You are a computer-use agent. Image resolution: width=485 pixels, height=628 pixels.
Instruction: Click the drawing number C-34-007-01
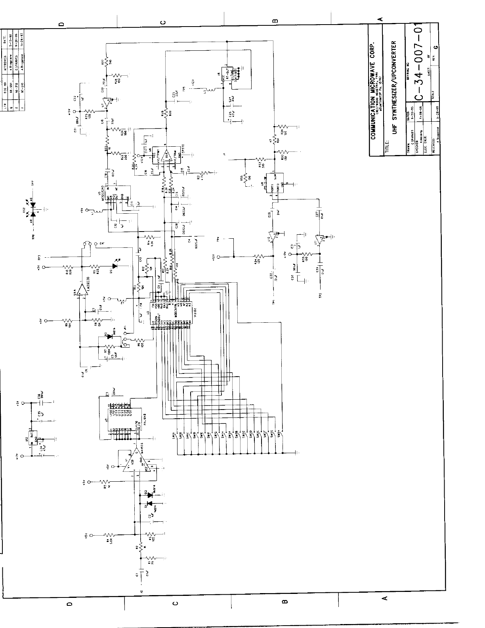418,62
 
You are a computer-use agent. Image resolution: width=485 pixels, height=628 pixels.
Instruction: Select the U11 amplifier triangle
320,237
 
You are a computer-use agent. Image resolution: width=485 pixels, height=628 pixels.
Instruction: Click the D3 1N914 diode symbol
109,336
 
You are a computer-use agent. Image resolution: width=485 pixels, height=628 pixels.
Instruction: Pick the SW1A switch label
175,433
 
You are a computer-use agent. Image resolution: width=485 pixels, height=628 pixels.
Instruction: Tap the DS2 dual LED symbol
33,209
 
